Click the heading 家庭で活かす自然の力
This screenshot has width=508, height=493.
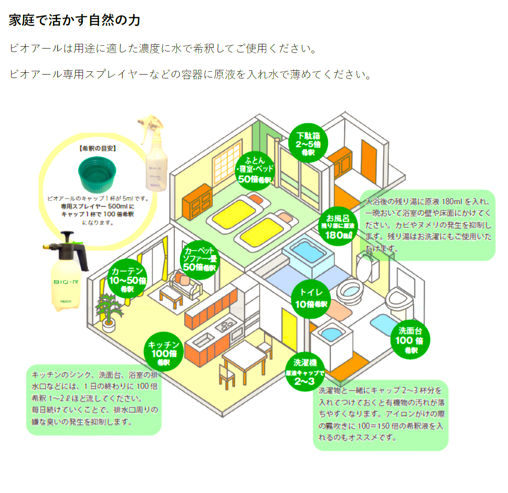(x=75, y=20)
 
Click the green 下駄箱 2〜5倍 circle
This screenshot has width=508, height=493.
(x=308, y=142)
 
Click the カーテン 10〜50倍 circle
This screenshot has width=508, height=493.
(x=127, y=280)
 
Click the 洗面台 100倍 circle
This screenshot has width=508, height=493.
(x=410, y=340)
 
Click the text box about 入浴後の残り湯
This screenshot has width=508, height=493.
(x=428, y=224)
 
